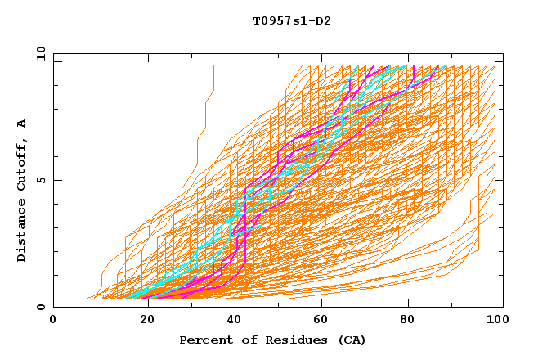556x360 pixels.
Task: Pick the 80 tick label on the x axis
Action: pyautogui.click(x=407, y=321)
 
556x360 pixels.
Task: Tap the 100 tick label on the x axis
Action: pyautogui.click(x=495, y=321)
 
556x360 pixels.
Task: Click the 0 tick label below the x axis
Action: pyautogui.click(x=54, y=321)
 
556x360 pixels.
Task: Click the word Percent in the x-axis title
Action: pyautogui.click(x=202, y=340)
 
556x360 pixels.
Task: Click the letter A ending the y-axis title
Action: pyautogui.click(x=22, y=123)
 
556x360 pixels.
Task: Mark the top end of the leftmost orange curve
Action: pyautogui.click(x=213, y=66)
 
